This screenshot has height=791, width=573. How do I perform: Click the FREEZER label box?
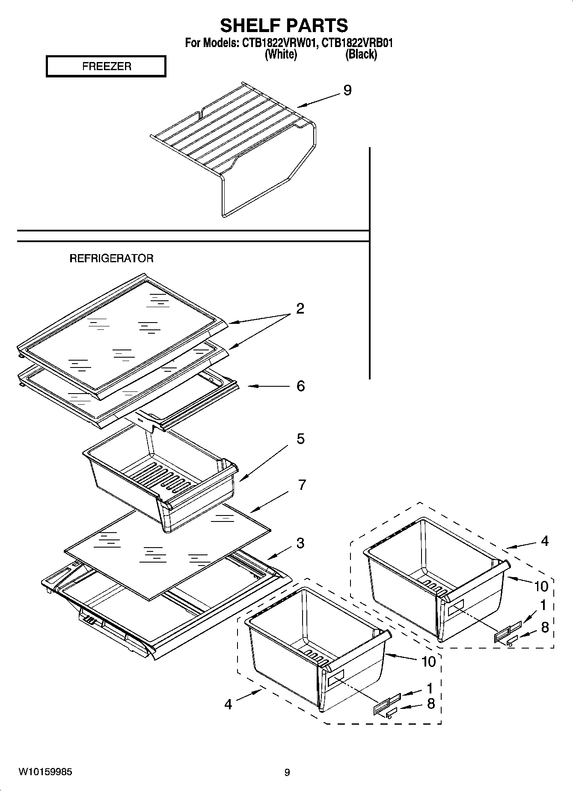(106, 66)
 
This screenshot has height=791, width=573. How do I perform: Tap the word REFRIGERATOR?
(111, 258)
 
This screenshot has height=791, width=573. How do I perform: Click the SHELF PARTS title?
(284, 26)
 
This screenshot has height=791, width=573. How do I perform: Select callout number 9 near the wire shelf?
(347, 90)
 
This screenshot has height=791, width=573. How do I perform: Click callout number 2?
(300, 308)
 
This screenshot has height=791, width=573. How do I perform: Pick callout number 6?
(300, 386)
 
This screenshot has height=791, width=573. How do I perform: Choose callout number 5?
(300, 438)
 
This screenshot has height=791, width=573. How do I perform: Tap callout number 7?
(302, 485)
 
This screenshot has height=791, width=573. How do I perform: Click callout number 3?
(300, 543)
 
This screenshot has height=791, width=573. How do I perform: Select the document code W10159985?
(45, 772)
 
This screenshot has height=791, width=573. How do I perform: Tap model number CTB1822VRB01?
(357, 43)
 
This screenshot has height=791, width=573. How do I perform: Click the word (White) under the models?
(281, 54)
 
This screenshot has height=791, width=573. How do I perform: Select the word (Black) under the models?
(361, 54)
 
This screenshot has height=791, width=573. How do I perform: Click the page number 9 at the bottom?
(287, 772)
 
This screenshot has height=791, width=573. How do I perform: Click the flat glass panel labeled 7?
(167, 552)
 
